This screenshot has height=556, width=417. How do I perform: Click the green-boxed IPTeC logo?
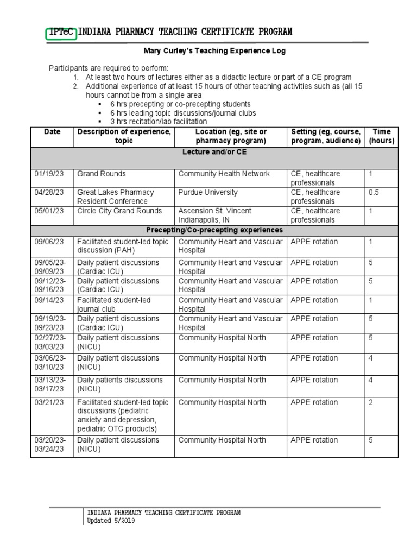coord(61,32)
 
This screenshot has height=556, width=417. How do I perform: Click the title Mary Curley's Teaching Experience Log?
coord(214,51)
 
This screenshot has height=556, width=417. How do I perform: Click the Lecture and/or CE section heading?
coord(214,152)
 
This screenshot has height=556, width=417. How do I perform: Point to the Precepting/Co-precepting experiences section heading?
coord(214,230)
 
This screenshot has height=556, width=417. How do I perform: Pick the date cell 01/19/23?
coord(49,174)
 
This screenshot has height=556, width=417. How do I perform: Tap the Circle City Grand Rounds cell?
coord(119,211)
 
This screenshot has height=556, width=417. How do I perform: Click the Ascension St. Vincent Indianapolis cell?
coord(215,215)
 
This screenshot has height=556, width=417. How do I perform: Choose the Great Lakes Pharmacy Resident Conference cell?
coord(116,197)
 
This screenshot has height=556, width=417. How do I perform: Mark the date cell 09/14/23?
coord(49,300)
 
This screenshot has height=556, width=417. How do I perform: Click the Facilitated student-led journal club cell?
coord(114,305)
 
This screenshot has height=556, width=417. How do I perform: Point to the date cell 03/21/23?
coord(49,402)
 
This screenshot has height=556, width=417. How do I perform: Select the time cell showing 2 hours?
coord(371,402)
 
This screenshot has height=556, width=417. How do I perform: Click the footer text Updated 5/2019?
coord(111,521)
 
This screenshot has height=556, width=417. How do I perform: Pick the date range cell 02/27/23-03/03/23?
coord(50,342)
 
